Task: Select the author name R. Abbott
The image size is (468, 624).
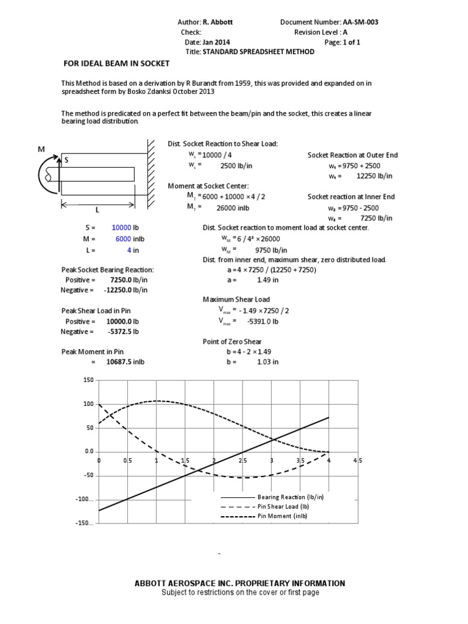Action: click(218, 22)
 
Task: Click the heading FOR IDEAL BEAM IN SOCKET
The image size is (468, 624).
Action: click(117, 63)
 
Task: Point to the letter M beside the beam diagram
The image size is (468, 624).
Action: click(41, 149)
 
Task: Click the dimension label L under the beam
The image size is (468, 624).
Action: click(97, 210)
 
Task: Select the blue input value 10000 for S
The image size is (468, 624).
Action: click(121, 227)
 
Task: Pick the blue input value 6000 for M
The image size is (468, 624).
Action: click(123, 239)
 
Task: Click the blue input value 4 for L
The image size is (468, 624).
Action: click(129, 250)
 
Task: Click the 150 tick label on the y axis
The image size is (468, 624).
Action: click(88, 380)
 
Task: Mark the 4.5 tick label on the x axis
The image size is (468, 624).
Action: click(357, 461)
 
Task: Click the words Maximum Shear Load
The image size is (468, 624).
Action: click(234, 299)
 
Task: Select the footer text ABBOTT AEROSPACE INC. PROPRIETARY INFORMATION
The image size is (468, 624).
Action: click(239, 583)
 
